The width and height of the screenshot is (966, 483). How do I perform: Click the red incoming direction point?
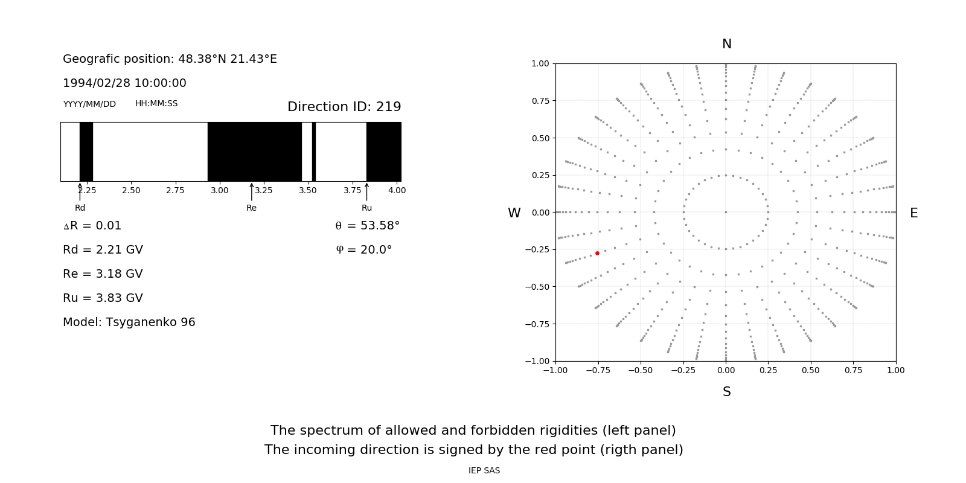click(x=597, y=253)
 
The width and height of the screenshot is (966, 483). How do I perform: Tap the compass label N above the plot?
click(x=726, y=44)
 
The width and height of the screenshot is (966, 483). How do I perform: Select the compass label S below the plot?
click(x=726, y=392)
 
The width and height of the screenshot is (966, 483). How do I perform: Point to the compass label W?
click(x=514, y=213)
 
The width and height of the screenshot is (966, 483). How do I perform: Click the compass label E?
click(x=913, y=213)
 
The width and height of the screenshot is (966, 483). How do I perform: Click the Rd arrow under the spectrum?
click(x=80, y=191)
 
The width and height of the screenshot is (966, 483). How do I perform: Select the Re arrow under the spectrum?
click(x=251, y=191)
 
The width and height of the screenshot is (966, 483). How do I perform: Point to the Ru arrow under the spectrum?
click(x=366, y=191)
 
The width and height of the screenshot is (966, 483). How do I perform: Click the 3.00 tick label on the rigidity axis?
click(x=219, y=190)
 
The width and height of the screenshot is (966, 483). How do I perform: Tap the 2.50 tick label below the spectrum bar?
click(x=131, y=190)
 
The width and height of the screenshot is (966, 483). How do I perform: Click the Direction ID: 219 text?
click(x=344, y=107)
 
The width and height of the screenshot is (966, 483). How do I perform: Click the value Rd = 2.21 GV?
click(x=103, y=250)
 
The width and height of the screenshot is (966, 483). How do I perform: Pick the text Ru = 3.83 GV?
click(x=103, y=298)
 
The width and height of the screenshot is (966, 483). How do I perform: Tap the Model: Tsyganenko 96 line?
click(x=129, y=322)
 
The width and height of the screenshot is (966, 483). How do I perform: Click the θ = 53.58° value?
click(x=367, y=226)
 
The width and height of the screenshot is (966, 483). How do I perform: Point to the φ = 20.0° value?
click(x=364, y=250)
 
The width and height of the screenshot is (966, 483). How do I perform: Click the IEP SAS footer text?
click(x=484, y=471)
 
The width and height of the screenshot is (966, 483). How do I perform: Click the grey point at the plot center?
click(x=726, y=212)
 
